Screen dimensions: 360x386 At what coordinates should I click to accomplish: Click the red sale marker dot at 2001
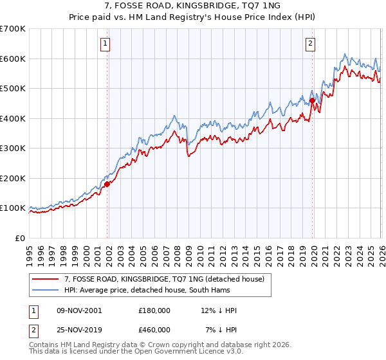pos(107,184)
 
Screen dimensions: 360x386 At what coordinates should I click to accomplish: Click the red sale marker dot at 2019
pos(313,100)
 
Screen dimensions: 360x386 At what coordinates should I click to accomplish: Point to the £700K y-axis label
pos(13,29)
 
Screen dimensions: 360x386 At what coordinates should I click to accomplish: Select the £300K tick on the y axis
pos(13,148)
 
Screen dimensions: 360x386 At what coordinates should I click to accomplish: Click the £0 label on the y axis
pos(19,238)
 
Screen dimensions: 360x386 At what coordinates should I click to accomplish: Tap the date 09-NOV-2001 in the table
pos(78,310)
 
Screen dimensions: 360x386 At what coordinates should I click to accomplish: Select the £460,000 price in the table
pos(154,329)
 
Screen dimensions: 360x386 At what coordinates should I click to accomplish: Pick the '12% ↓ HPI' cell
pos(218,310)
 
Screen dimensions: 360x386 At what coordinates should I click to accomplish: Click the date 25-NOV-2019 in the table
pos(78,329)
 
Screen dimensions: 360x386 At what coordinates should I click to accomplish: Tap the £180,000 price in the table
pos(154,310)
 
